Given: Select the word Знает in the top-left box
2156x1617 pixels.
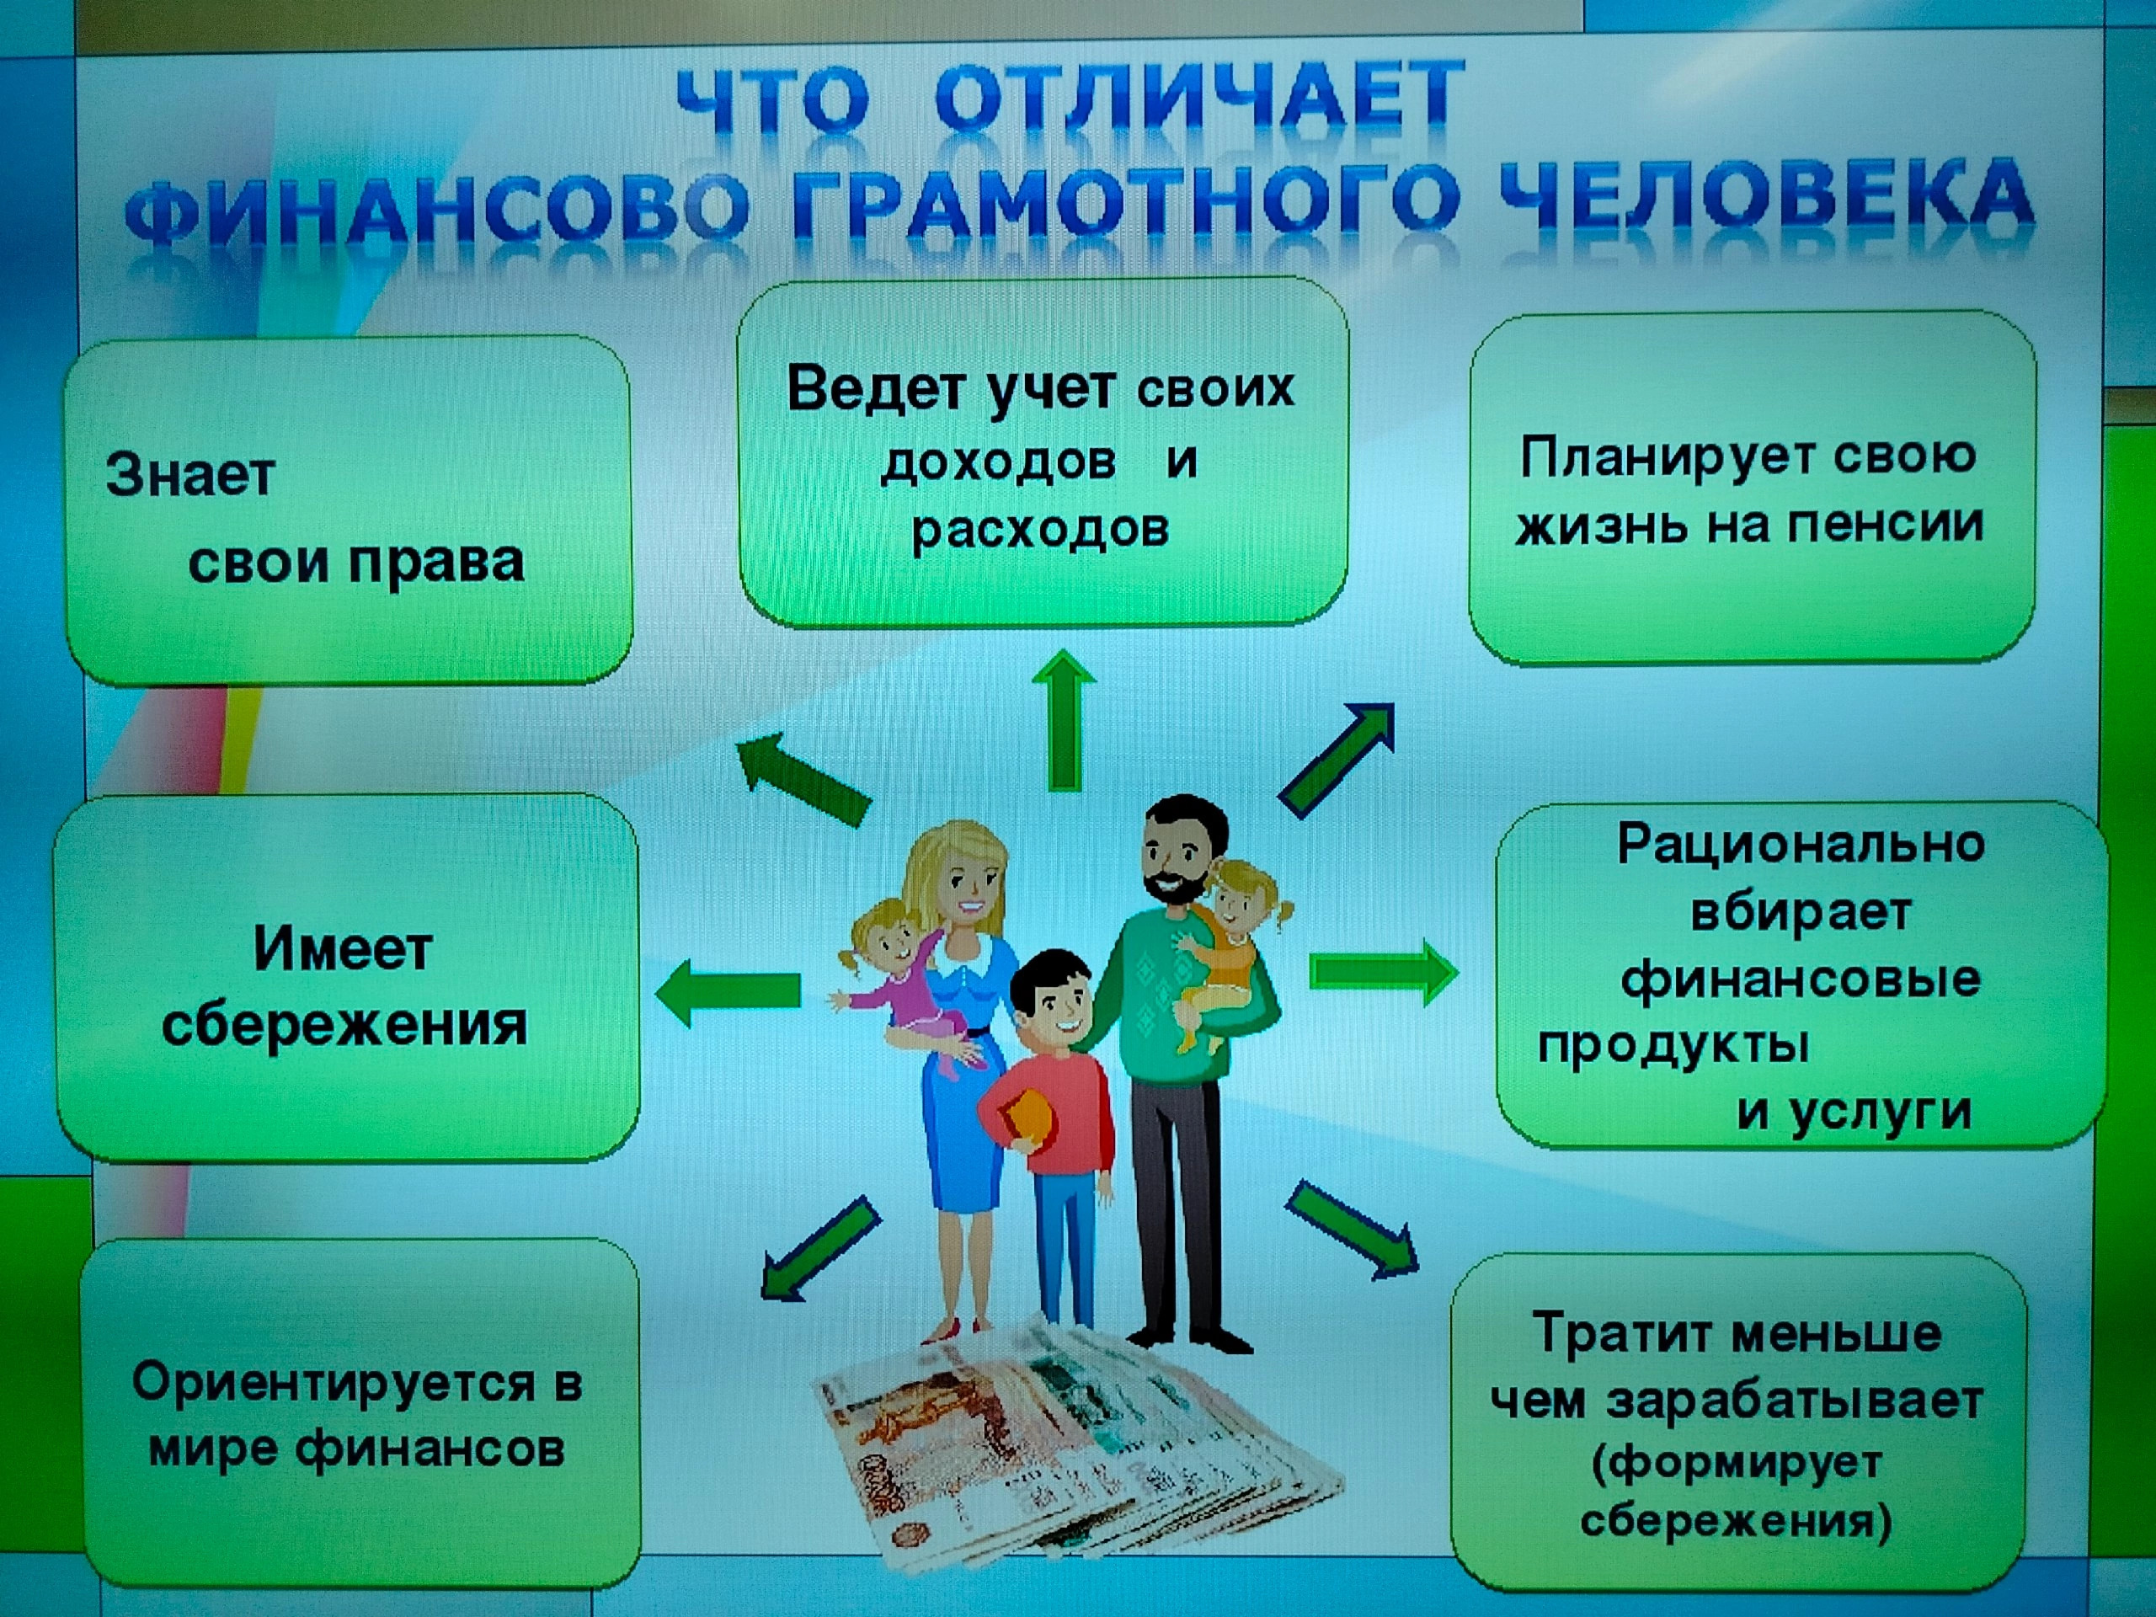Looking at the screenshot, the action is tap(191, 475).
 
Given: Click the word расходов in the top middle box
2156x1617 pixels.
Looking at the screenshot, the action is tap(1040, 529).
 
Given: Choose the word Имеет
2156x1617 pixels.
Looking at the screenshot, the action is tap(343, 947).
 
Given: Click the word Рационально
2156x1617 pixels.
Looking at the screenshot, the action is tap(1801, 842).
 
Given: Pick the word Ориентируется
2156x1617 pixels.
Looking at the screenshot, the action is tap(334, 1382).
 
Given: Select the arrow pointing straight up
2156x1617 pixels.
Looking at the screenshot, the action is tap(1064, 720).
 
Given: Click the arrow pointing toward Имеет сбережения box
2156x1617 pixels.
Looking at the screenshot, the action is tap(728, 992).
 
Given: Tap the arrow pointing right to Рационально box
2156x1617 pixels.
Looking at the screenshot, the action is tap(1384, 972).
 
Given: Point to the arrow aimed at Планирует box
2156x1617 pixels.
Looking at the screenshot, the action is tap(1337, 760).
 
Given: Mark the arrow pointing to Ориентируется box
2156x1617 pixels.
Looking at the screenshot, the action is tap(819, 1249).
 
